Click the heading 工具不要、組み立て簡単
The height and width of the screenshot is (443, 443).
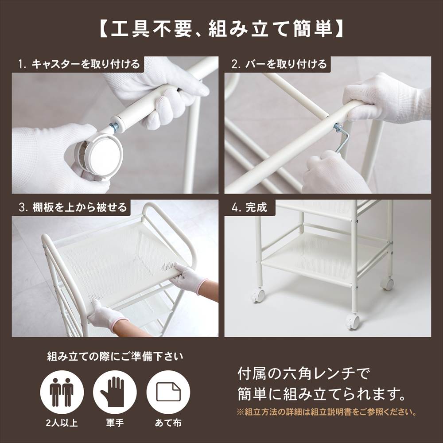click(x=221, y=29)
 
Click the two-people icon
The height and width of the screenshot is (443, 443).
click(x=62, y=392)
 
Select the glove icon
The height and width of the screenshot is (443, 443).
click(x=115, y=392)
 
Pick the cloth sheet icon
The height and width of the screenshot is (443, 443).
click(x=168, y=392)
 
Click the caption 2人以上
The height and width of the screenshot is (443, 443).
click(x=62, y=423)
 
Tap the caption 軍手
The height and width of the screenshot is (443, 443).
click(x=115, y=423)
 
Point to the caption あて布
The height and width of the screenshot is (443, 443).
click(x=168, y=423)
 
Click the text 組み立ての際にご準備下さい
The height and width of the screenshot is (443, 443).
click(x=115, y=357)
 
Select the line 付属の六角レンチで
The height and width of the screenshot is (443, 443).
click(x=303, y=374)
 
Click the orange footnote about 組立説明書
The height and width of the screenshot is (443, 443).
click(x=326, y=412)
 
